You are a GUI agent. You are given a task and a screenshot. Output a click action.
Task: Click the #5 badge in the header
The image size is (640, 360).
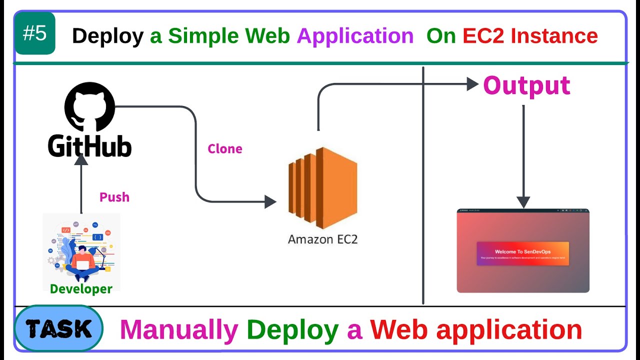coord(35,33)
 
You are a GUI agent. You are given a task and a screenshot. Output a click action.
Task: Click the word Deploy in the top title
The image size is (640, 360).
coord(107,36)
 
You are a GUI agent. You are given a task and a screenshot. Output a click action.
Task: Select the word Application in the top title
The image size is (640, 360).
coord(355,36)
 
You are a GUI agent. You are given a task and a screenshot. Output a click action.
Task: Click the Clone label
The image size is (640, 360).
coord(225,149)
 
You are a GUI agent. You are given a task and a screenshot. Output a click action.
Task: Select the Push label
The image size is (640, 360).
coord(114,197)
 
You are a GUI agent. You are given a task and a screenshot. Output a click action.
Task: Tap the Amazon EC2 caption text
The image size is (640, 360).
coord(322,239)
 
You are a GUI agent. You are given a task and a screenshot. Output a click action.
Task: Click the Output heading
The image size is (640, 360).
coord(526,85)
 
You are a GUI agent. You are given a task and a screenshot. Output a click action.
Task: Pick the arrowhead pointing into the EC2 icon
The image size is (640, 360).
coord(270,201)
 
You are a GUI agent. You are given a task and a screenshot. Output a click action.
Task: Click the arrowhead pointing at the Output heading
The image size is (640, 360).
coord(472,84)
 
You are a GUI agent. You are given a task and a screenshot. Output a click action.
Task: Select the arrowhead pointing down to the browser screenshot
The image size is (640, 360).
coord(523,202)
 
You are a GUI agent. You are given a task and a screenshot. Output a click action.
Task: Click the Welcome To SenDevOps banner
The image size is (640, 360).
coord(522,253)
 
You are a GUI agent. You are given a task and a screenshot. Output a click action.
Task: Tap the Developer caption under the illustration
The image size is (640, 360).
coord(81,288)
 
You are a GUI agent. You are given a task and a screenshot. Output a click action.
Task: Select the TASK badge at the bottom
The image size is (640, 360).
coord(58,329)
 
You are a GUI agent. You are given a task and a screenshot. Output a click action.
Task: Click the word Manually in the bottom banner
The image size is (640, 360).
coord(179,330)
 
